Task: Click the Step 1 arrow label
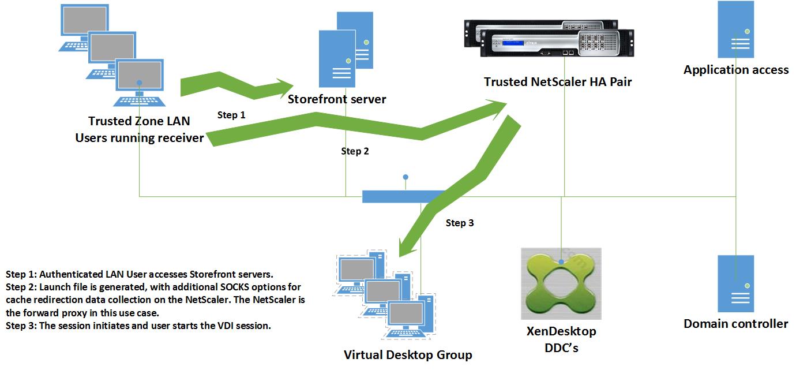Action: pyautogui.click(x=231, y=115)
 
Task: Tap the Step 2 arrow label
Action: pyautogui.click(x=355, y=151)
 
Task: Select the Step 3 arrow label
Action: pyautogui.click(x=460, y=223)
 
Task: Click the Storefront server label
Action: pyautogui.click(x=337, y=99)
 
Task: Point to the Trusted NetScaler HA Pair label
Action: pyautogui.click(x=558, y=82)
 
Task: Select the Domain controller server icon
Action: pyautogui.click(x=735, y=283)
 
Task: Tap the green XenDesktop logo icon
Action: pyautogui.click(x=561, y=283)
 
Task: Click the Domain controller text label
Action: pyautogui.click(x=735, y=324)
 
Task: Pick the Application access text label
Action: pyautogui.click(x=736, y=70)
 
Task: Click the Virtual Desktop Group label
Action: pyautogui.click(x=408, y=354)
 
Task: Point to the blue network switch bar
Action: pyautogui.click(x=404, y=197)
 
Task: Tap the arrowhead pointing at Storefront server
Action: pyautogui.click(x=284, y=88)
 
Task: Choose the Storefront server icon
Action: pyautogui.click(x=344, y=49)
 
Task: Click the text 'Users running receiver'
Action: pyautogui.click(x=139, y=138)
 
